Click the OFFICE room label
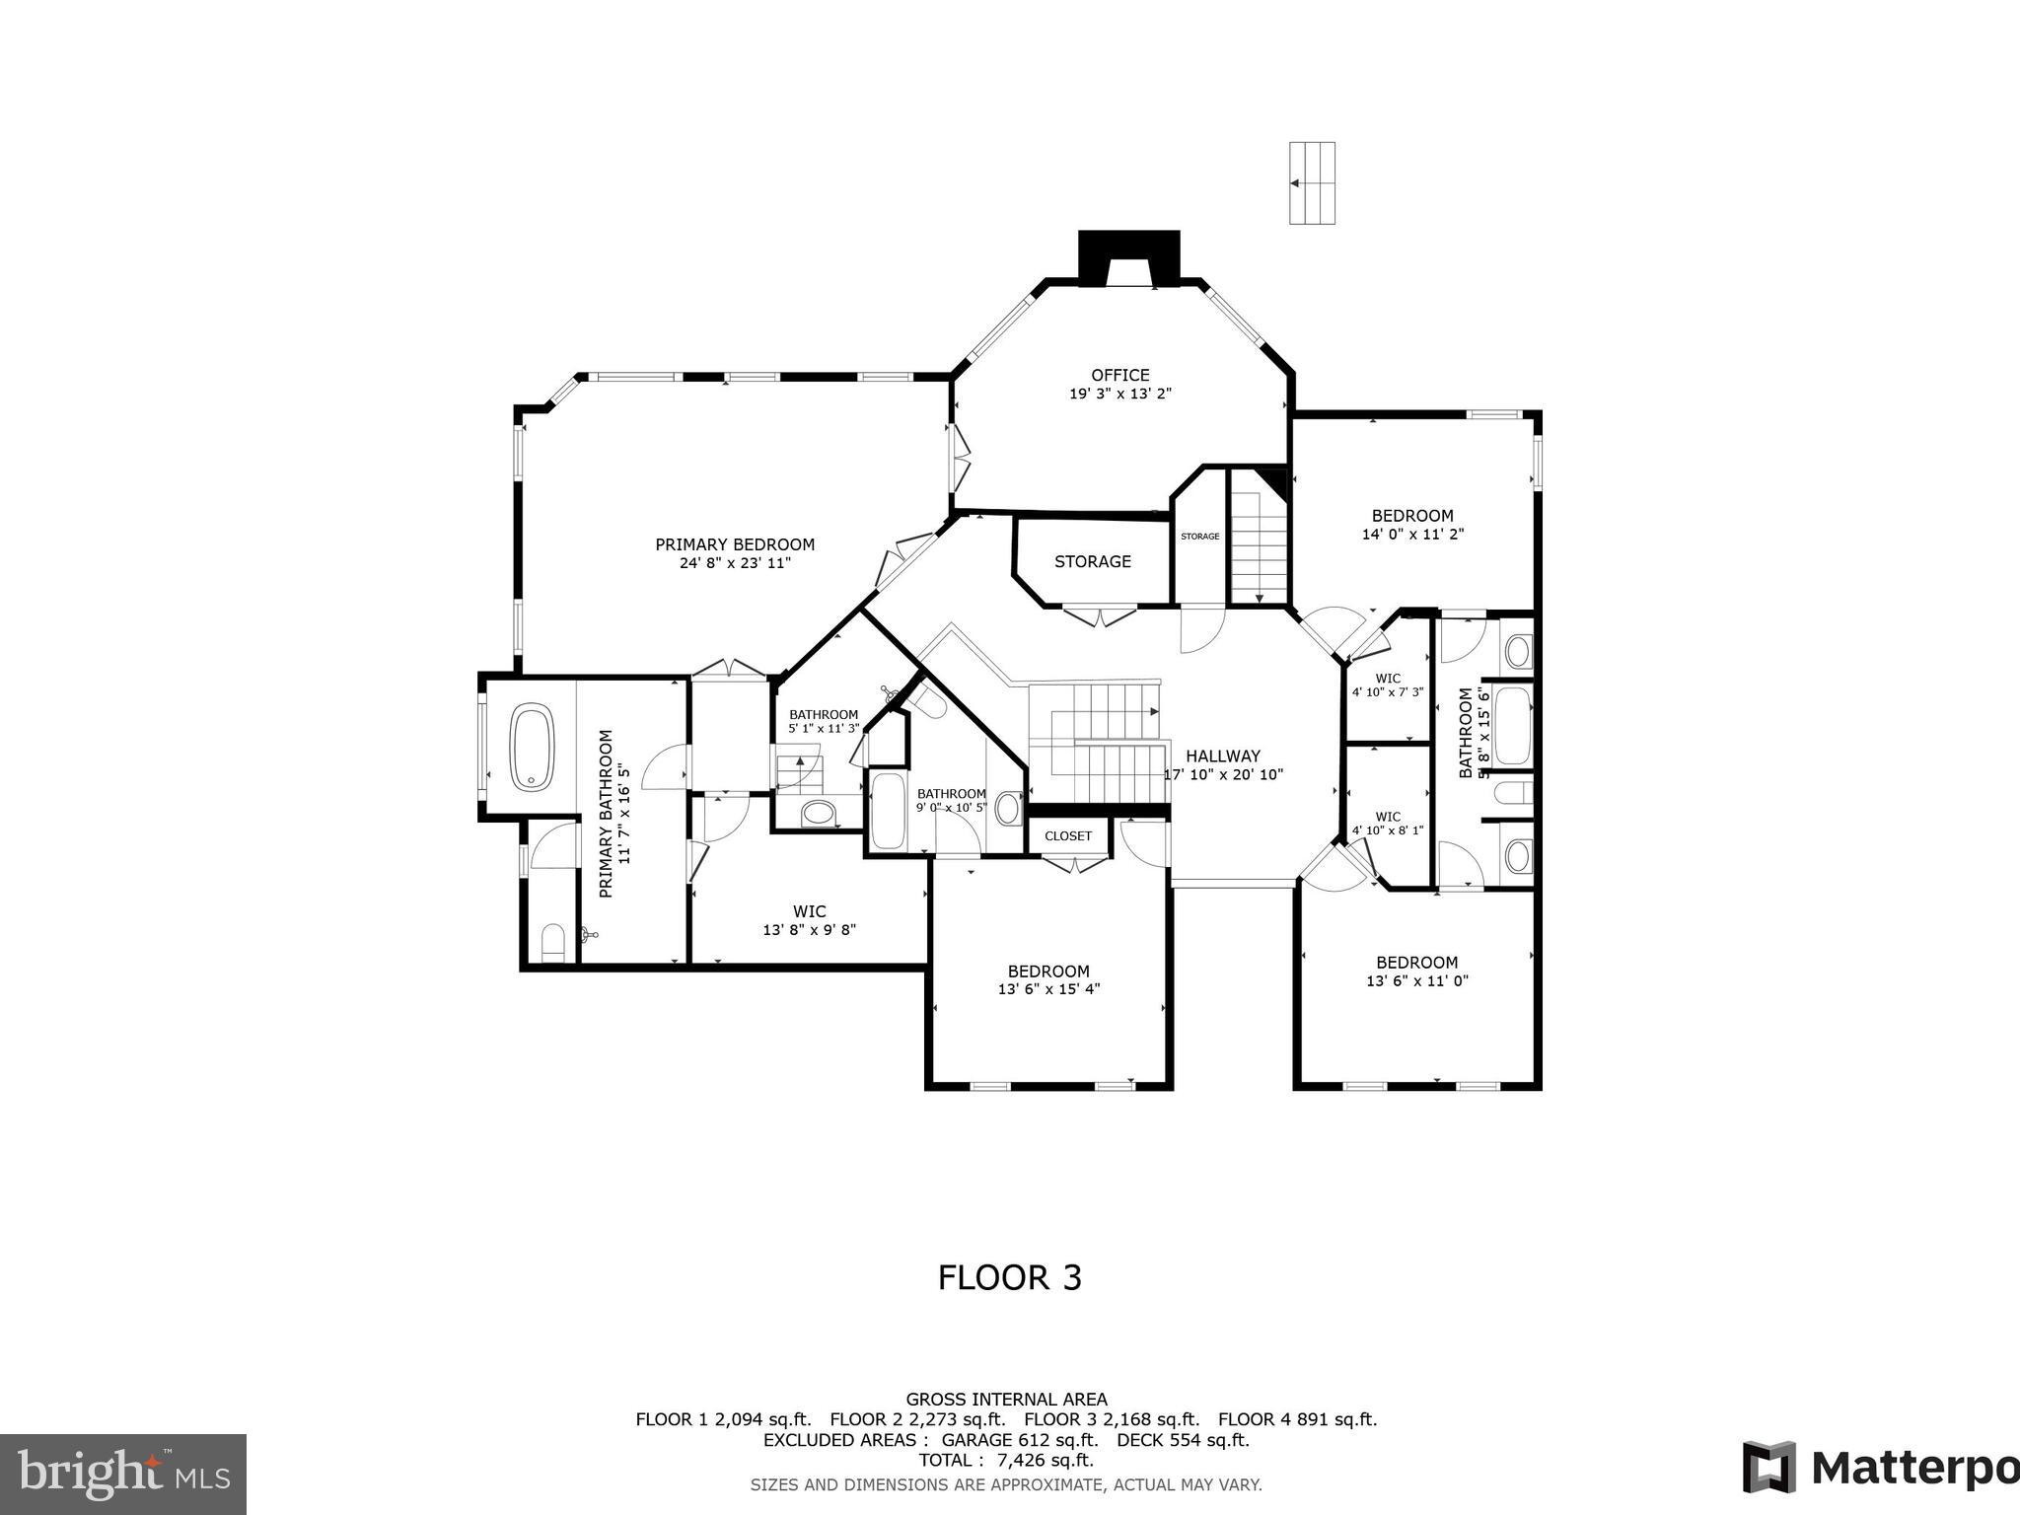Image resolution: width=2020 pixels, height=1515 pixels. pos(1119,375)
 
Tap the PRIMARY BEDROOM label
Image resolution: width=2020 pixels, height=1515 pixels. pos(735,544)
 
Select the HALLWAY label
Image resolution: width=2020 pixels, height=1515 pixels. pos(1223,757)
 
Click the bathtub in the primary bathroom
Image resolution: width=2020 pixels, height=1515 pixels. pos(533,746)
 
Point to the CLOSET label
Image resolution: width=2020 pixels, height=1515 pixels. pos(1068,836)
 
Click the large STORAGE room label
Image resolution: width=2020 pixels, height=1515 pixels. pos(1092,561)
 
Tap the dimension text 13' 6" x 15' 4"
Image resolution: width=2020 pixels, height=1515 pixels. pos(1048,989)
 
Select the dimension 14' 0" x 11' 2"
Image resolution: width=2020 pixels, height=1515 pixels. pos(1412,535)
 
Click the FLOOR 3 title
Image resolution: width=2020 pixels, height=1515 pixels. pos(1009,1278)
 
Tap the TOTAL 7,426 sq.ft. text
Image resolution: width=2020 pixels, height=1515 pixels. pos(1006,1460)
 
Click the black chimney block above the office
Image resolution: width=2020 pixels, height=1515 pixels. pos(1128,257)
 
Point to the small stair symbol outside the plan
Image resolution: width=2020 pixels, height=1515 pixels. pos(1312,183)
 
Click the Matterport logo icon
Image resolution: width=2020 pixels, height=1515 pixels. pos(1768,1467)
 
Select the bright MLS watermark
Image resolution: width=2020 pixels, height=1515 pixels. pos(123,1474)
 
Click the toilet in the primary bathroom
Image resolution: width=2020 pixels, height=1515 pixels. pos(552,942)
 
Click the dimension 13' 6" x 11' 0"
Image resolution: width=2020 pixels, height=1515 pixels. pos(1416,981)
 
